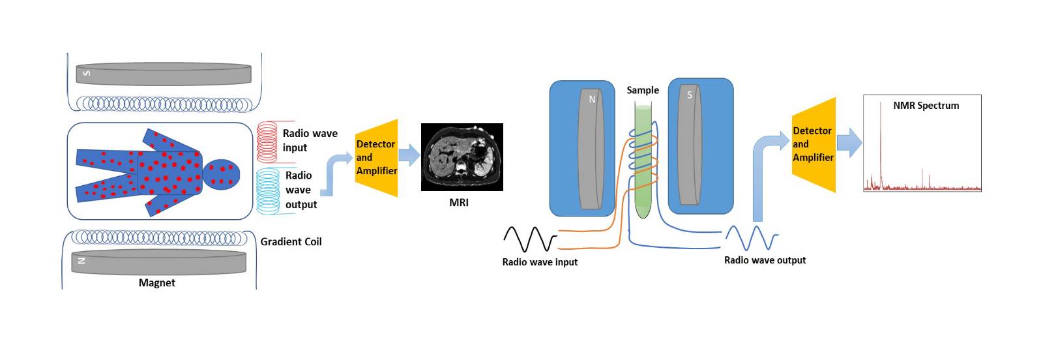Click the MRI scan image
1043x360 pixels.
[x=462, y=157]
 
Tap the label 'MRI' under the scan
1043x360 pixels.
[x=459, y=203]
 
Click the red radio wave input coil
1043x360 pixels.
[x=267, y=142]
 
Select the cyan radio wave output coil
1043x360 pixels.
[x=268, y=190]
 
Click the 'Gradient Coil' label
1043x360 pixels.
[x=291, y=242]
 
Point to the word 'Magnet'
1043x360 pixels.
[x=157, y=283]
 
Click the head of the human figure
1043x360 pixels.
[x=222, y=174]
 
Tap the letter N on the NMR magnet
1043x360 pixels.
[x=592, y=99]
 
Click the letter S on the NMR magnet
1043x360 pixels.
[x=690, y=95]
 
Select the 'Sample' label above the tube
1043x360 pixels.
[x=643, y=91]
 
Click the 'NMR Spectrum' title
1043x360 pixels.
[x=926, y=106]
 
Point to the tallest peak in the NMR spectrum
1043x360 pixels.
[x=881, y=111]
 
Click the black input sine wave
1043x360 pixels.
[x=530, y=239]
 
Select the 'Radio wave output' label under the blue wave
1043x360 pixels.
[x=765, y=260]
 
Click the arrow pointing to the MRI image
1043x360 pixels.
[x=409, y=155]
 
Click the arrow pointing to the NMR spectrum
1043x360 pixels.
[x=849, y=142]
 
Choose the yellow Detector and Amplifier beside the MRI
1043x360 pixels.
[x=377, y=158]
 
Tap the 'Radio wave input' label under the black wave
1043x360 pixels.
[x=540, y=262]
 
